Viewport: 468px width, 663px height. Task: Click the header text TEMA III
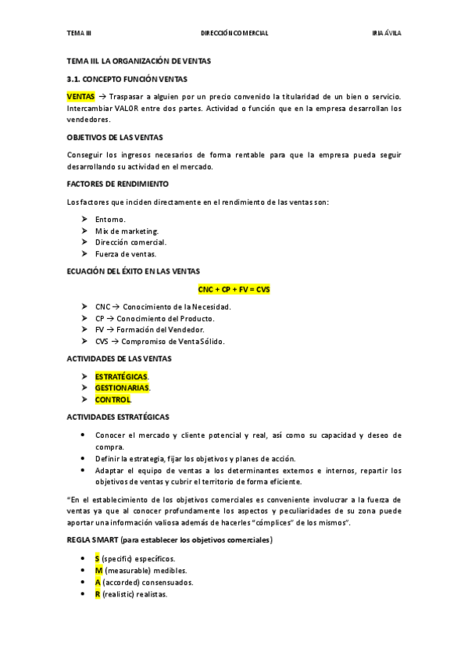tap(79, 33)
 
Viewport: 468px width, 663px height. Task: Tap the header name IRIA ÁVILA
tap(387, 33)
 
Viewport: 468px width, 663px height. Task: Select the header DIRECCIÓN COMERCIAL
tap(234, 33)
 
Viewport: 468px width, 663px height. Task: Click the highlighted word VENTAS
tap(80, 95)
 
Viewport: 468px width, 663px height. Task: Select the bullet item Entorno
tap(110, 219)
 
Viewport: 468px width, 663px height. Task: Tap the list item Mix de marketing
tap(127, 231)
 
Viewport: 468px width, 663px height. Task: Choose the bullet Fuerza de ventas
tap(126, 253)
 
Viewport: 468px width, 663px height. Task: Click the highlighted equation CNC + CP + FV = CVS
tap(234, 288)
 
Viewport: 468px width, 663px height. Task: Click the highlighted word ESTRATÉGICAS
tap(121, 376)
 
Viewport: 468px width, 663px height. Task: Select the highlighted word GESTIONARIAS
tap(122, 388)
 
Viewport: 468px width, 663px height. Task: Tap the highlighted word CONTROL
tap(113, 400)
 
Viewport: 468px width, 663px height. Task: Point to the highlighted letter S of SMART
tap(98, 559)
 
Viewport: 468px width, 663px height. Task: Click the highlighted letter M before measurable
tap(98, 571)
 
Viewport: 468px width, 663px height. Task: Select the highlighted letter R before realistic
tap(98, 594)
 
